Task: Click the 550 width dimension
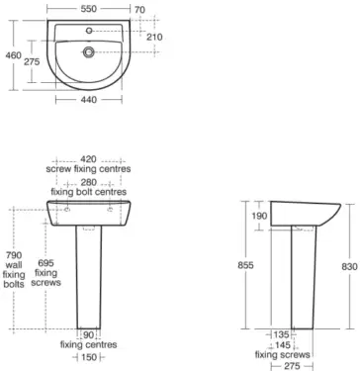(x=90, y=9)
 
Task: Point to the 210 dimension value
(x=154, y=37)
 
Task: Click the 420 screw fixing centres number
(x=90, y=157)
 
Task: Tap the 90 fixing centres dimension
(x=90, y=334)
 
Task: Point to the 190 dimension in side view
(x=259, y=216)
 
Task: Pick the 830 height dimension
(x=348, y=266)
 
